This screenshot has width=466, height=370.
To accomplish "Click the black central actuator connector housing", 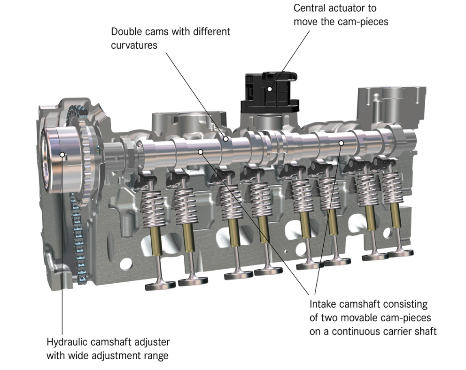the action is (269, 92).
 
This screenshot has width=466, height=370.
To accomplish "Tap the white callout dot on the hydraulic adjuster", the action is (62, 154).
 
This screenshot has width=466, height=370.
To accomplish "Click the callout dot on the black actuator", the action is (270, 89).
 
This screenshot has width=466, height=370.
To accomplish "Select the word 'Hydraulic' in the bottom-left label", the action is (66, 342).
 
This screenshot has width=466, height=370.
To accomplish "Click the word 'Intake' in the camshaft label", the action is (323, 304).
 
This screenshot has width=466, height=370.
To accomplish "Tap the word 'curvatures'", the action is (134, 45).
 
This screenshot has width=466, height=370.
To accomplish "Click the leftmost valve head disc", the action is (160, 286).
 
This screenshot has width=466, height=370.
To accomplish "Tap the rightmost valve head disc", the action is (400, 253).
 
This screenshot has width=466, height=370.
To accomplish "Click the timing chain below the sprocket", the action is (78, 237).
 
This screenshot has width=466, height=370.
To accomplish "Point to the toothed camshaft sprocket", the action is (89, 160).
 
